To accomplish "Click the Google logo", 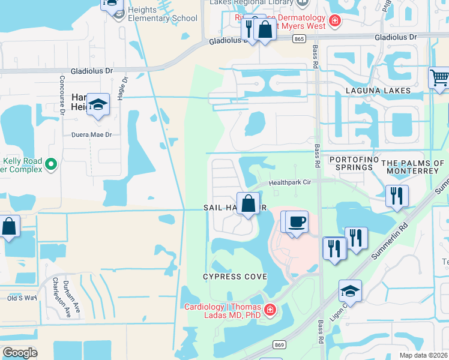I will pyautogui.click(x=20, y=353).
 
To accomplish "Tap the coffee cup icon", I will pyautogui.click(x=297, y=222).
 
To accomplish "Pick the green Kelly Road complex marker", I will pyautogui.click(x=51, y=163).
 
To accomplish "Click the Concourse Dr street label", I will pyautogui.click(x=62, y=94).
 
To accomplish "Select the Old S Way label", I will pyautogui.click(x=22, y=298).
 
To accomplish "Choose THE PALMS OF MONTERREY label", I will pyautogui.click(x=414, y=167).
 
